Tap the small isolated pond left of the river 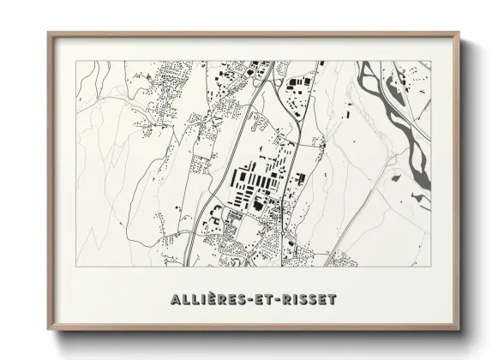pos(395,178)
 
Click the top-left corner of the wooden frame pos(49,33)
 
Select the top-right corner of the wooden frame pos(460,33)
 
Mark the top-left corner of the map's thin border pos(75,61)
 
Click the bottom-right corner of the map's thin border pos(431,266)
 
